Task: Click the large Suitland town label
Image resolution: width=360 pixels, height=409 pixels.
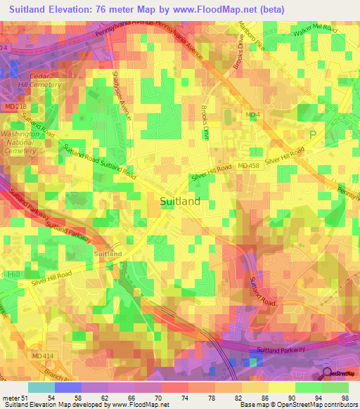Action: pos(180,201)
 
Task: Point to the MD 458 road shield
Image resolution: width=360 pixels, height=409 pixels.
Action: pos(248,164)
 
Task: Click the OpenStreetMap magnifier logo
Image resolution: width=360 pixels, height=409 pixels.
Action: pos(327,373)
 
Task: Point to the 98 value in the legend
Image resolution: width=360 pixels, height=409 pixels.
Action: pos(344,397)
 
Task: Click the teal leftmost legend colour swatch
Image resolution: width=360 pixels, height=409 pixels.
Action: pos(41,387)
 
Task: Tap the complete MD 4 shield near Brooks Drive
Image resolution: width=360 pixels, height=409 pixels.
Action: pos(252,114)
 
